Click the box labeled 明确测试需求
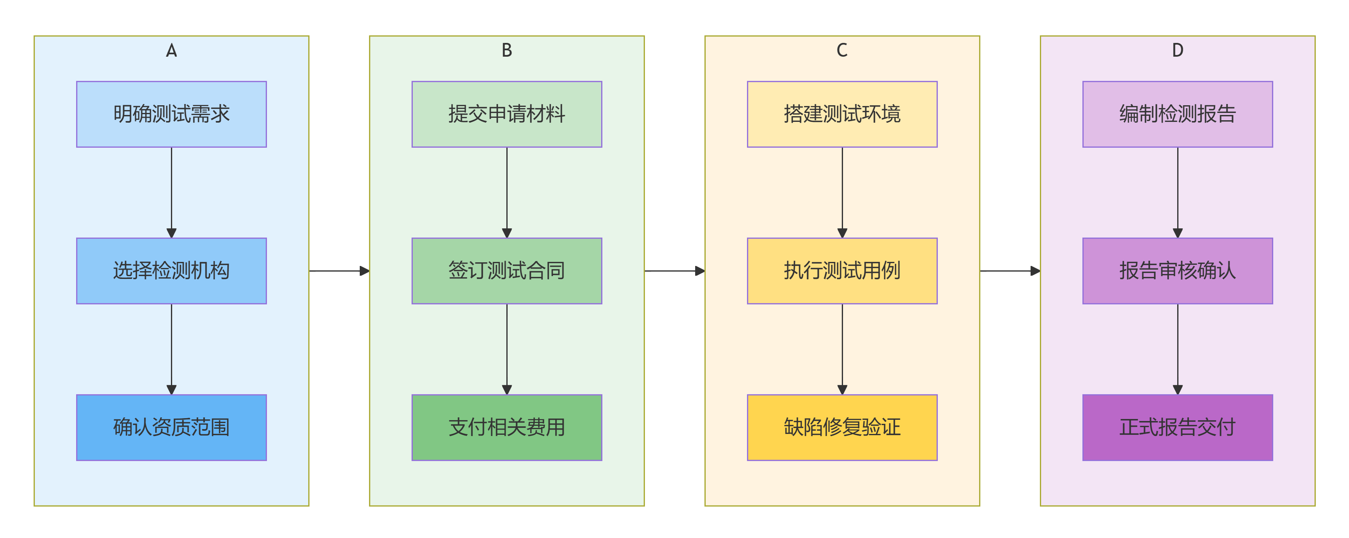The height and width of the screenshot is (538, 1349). coord(171,114)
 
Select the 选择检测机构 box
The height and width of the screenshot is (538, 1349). coord(171,270)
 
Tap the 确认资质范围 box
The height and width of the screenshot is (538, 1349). coord(171,427)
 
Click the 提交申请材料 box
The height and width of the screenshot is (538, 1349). coord(506,114)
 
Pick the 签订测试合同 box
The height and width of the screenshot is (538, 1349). coord(506,270)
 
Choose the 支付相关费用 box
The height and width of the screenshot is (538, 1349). coord(506,427)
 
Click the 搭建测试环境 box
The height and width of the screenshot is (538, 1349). coord(841,114)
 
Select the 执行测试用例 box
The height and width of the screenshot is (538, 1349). coord(841,270)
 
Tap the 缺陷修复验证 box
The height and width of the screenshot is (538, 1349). coord(841,427)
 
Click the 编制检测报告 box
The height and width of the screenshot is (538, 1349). coord(1177,114)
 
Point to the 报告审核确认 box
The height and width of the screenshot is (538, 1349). coord(1177,270)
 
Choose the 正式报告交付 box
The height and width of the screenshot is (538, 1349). coord(1177,427)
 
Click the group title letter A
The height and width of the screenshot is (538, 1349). coord(171,51)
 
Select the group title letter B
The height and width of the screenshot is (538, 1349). coord(506,51)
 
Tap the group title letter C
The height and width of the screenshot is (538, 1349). coord(841,51)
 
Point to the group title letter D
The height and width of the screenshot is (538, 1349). coord(1177,51)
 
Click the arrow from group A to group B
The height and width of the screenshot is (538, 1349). coord(339,270)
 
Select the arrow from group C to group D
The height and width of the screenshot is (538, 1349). coord(1009,270)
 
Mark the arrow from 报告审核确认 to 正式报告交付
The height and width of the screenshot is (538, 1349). coord(1177,349)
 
